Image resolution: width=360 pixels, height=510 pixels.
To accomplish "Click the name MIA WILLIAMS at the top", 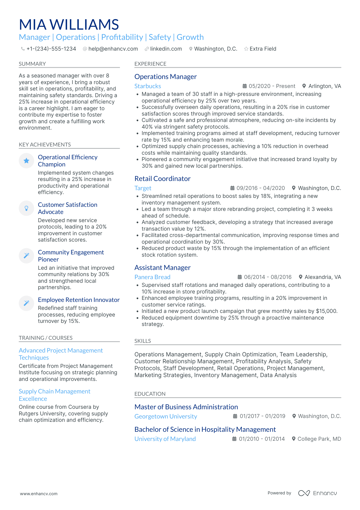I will pyautogui.click(x=69, y=25).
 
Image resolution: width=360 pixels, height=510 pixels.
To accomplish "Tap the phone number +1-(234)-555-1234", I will pyautogui.click(x=51, y=49).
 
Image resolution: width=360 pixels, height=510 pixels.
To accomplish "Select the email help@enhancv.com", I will pyautogui.click(x=113, y=49).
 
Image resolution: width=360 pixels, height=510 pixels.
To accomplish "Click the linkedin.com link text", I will pyautogui.click(x=166, y=49).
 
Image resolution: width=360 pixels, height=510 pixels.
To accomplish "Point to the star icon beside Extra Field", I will pyautogui.click(x=246, y=49).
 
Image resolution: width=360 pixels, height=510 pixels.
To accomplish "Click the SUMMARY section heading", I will pyautogui.click(x=32, y=64).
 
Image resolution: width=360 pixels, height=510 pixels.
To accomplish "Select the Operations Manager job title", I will pyautogui.click(x=165, y=77).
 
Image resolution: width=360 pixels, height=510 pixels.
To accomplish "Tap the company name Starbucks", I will pyautogui.click(x=148, y=86).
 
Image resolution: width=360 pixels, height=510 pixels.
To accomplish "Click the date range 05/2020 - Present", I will pyautogui.click(x=272, y=86).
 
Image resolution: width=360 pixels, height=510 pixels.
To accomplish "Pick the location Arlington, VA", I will pyautogui.click(x=325, y=86).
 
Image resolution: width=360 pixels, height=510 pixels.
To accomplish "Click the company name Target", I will pyautogui.click(x=143, y=188).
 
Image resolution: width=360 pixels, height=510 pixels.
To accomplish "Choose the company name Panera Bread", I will pyautogui.click(x=152, y=277).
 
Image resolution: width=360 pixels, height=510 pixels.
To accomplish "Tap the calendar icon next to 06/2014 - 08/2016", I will pyautogui.click(x=239, y=277).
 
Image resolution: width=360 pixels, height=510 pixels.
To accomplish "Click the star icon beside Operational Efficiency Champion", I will pyautogui.click(x=26, y=161).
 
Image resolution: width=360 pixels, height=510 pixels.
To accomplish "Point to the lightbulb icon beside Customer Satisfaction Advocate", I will pyautogui.click(x=26, y=208).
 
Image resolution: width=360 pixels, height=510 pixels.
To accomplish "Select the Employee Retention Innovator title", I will pyautogui.click(x=79, y=300).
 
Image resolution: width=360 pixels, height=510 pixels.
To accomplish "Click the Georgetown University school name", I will pyautogui.click(x=166, y=416).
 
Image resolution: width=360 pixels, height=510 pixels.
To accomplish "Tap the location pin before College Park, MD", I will pyautogui.click(x=294, y=439).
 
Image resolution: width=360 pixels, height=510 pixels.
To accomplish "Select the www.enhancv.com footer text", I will pyautogui.click(x=39, y=494).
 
